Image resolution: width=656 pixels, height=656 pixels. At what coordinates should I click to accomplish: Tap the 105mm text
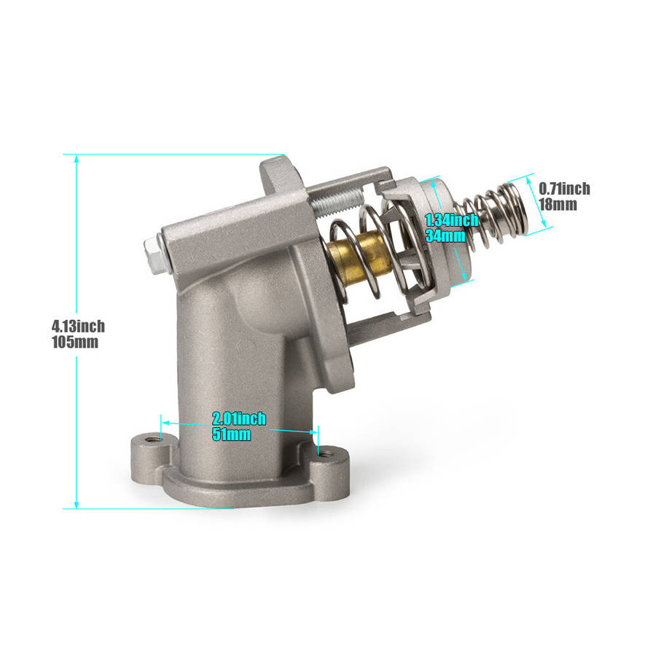point(73,343)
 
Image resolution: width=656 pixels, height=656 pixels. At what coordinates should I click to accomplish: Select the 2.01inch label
point(239,418)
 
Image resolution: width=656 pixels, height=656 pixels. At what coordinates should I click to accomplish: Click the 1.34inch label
point(452,220)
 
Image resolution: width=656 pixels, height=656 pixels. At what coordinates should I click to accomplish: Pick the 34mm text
point(445,235)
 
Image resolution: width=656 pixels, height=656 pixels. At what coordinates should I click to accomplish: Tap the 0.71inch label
point(564,189)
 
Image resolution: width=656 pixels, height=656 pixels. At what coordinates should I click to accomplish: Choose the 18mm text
point(558,204)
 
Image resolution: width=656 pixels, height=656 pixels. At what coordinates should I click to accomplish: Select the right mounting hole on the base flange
point(327,454)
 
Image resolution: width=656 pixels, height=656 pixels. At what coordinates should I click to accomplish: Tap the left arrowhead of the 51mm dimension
point(165,422)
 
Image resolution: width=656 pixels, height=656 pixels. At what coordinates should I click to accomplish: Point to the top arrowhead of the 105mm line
point(77,158)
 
